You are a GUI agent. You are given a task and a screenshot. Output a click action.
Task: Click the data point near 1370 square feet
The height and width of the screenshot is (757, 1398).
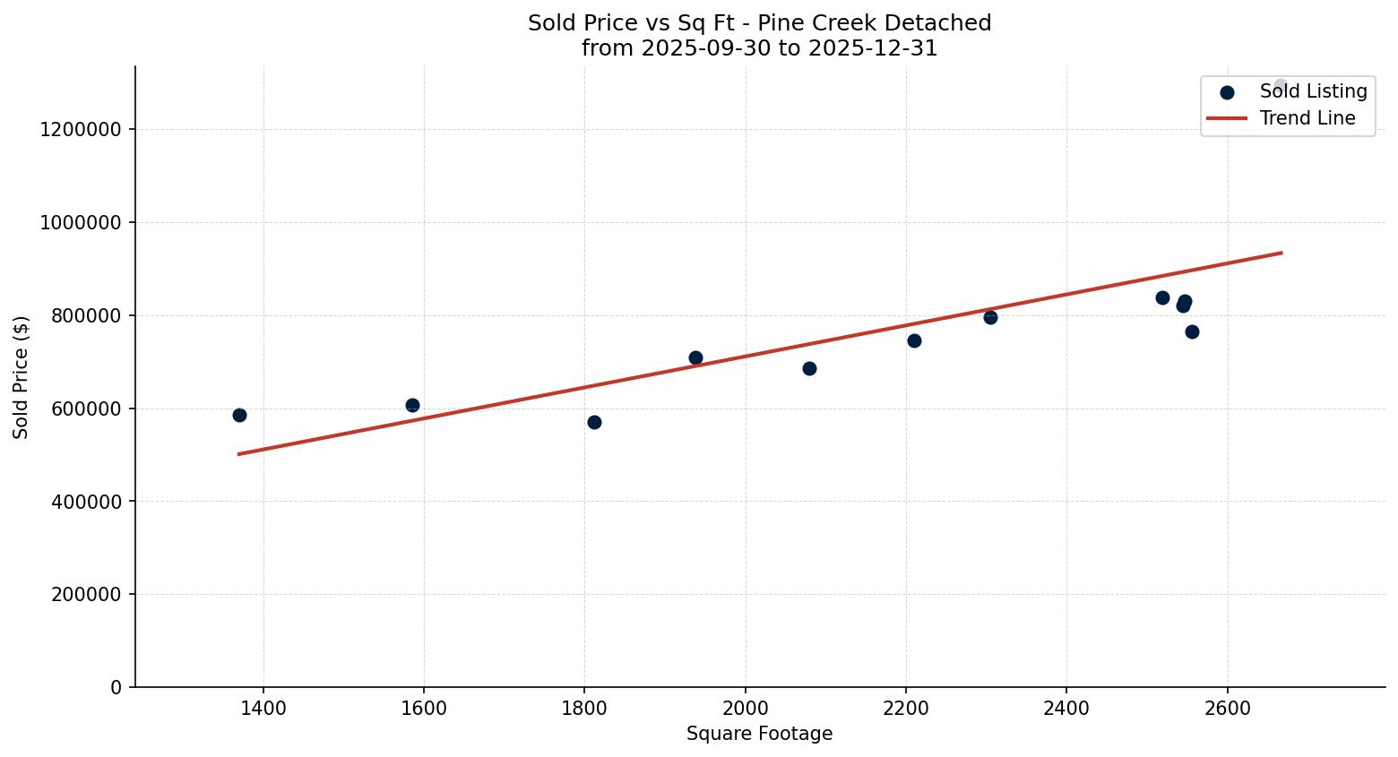[x=239, y=415]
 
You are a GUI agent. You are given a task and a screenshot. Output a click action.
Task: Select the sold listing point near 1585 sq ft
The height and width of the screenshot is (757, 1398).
[x=412, y=405]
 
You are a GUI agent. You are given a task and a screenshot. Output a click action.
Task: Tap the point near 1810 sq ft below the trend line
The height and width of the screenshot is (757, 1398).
[x=594, y=422]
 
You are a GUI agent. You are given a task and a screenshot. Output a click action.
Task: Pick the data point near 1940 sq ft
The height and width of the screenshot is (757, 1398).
[x=695, y=357]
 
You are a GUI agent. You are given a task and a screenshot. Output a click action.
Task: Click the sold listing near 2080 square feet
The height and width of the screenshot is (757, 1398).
[x=809, y=368]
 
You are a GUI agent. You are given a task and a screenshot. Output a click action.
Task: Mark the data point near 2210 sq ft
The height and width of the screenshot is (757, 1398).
[x=914, y=340]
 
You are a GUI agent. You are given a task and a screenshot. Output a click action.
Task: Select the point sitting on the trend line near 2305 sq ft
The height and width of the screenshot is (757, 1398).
[x=990, y=317]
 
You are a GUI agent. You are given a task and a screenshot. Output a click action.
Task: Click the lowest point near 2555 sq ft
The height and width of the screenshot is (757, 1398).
[x=1192, y=331]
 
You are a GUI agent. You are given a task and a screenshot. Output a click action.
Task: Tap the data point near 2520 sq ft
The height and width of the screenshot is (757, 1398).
[x=1162, y=297]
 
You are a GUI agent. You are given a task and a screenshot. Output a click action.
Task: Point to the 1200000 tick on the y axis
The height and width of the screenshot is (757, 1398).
[x=81, y=130]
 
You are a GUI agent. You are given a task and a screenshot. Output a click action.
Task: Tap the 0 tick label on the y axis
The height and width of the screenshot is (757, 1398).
[x=116, y=687]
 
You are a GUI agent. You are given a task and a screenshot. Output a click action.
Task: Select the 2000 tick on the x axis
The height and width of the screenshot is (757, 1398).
[x=746, y=709]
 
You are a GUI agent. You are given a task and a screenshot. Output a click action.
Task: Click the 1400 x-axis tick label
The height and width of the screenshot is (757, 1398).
[x=263, y=709]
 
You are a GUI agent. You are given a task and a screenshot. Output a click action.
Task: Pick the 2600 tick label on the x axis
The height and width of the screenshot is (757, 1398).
[x=1227, y=709]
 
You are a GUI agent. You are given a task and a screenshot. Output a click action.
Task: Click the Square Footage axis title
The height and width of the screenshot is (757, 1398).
[x=759, y=735]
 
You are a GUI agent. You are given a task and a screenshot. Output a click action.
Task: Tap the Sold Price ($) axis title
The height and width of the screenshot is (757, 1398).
[x=22, y=377]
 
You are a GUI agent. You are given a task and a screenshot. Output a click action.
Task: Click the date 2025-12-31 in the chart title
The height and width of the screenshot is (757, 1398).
[x=873, y=48]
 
